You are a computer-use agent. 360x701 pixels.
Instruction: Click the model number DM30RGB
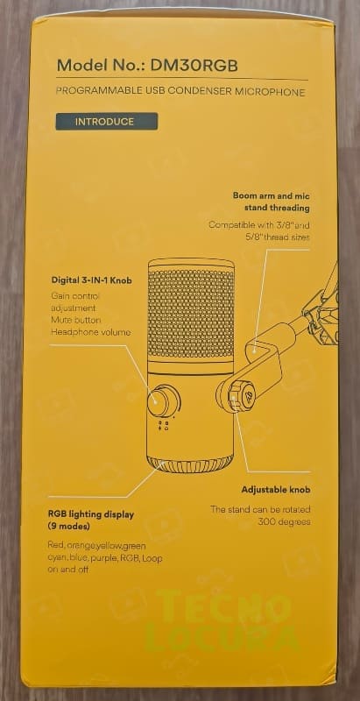click(x=194, y=66)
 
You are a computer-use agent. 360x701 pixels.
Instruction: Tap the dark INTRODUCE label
click(x=106, y=121)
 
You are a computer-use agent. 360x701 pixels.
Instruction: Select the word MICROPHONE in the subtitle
click(x=276, y=92)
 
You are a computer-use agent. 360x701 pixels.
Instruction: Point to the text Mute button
click(x=75, y=320)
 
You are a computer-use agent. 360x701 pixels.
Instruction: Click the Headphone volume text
click(x=91, y=332)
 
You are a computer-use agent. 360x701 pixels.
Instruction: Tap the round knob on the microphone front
click(x=162, y=400)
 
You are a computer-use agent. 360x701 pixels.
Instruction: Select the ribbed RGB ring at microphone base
click(x=191, y=465)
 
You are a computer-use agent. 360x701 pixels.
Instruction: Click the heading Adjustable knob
click(x=276, y=490)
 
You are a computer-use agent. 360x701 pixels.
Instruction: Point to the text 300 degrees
click(x=284, y=521)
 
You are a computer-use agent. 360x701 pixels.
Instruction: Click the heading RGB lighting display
click(x=91, y=514)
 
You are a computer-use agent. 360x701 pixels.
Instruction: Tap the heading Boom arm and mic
click(x=272, y=195)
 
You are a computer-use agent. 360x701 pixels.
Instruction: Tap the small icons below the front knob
click(x=164, y=425)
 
